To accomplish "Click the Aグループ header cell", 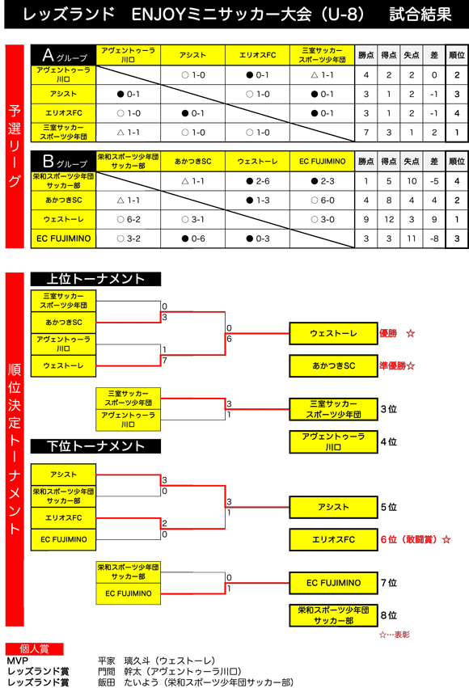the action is click(x=63, y=55).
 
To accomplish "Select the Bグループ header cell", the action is click(x=63, y=162).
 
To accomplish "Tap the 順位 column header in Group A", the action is click(x=457, y=55).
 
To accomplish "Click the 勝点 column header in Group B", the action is click(x=365, y=162).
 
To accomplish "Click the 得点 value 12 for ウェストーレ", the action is click(x=389, y=219).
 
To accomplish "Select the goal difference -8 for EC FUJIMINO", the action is click(x=434, y=238).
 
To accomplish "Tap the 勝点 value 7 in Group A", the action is click(x=365, y=133).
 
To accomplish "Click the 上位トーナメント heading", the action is click(x=95, y=279).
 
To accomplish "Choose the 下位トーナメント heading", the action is click(x=95, y=446).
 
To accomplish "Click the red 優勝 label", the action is click(x=388, y=333).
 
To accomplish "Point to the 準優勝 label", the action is click(x=392, y=366).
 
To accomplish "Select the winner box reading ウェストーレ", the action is click(x=333, y=333).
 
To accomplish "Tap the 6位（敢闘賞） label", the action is click(x=409, y=540).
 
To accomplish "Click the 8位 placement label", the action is click(x=389, y=615).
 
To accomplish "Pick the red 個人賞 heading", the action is click(x=34, y=649).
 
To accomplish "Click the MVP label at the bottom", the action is click(x=18, y=661).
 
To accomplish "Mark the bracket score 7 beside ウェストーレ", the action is click(x=164, y=361).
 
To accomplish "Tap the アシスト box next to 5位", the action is click(x=333, y=507).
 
